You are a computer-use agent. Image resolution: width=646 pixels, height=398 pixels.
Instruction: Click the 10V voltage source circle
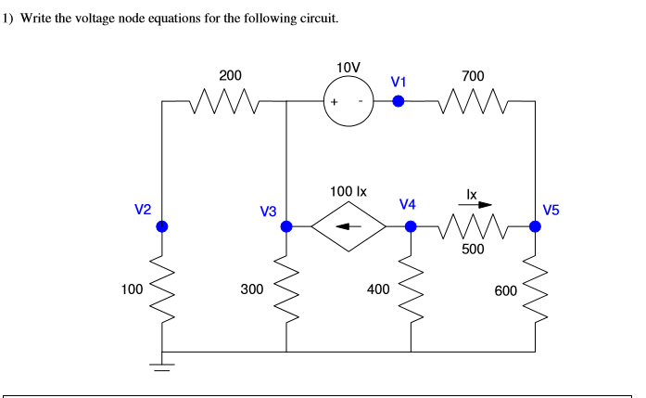click(348, 101)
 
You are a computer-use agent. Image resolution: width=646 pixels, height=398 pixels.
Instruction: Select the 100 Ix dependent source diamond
click(348, 225)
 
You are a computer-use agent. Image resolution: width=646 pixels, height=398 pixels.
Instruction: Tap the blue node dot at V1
click(398, 101)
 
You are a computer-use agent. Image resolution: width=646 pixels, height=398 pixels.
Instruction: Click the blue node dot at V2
click(162, 225)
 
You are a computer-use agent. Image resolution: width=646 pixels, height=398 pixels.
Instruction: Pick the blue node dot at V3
click(286, 225)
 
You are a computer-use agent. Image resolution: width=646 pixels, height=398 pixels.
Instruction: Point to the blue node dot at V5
click(535, 225)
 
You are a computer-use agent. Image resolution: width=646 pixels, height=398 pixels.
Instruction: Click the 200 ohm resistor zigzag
click(224, 101)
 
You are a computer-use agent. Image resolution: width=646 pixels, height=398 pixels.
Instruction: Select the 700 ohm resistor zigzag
click(473, 101)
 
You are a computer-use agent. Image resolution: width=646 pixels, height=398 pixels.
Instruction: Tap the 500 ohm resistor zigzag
click(473, 225)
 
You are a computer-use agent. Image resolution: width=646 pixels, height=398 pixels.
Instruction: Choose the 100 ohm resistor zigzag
click(162, 289)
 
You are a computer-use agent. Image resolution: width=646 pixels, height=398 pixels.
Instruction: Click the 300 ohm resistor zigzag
click(286, 289)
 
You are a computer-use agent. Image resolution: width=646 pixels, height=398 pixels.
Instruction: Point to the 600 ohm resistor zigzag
click(535, 289)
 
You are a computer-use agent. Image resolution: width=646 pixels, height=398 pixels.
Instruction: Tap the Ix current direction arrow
click(478, 206)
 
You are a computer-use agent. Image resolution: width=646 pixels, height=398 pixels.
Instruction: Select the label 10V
click(348, 68)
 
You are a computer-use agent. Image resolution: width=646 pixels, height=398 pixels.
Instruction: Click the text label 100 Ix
click(348, 191)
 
